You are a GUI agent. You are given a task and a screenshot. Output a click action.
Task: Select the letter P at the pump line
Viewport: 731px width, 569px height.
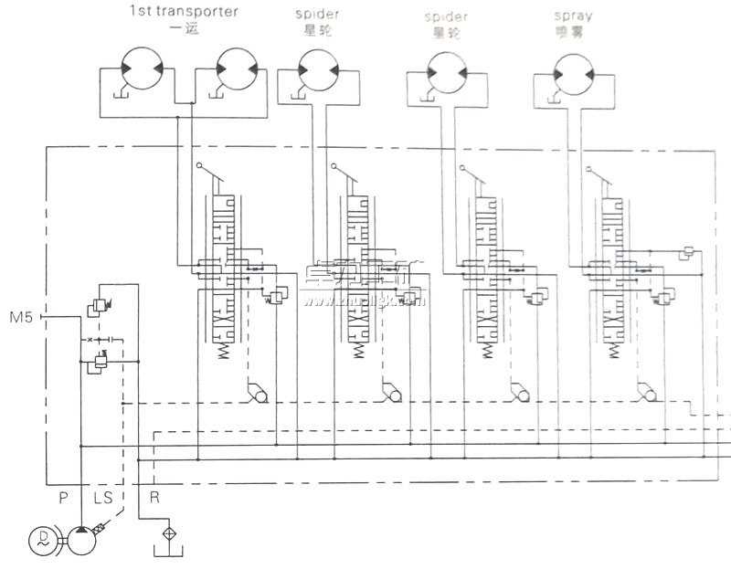(x=63, y=498)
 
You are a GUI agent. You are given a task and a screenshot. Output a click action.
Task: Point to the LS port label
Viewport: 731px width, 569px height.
(x=102, y=498)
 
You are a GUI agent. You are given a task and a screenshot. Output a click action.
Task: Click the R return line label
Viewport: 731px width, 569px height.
(x=154, y=498)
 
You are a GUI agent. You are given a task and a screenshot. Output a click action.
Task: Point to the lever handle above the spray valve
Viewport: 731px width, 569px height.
(x=594, y=172)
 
